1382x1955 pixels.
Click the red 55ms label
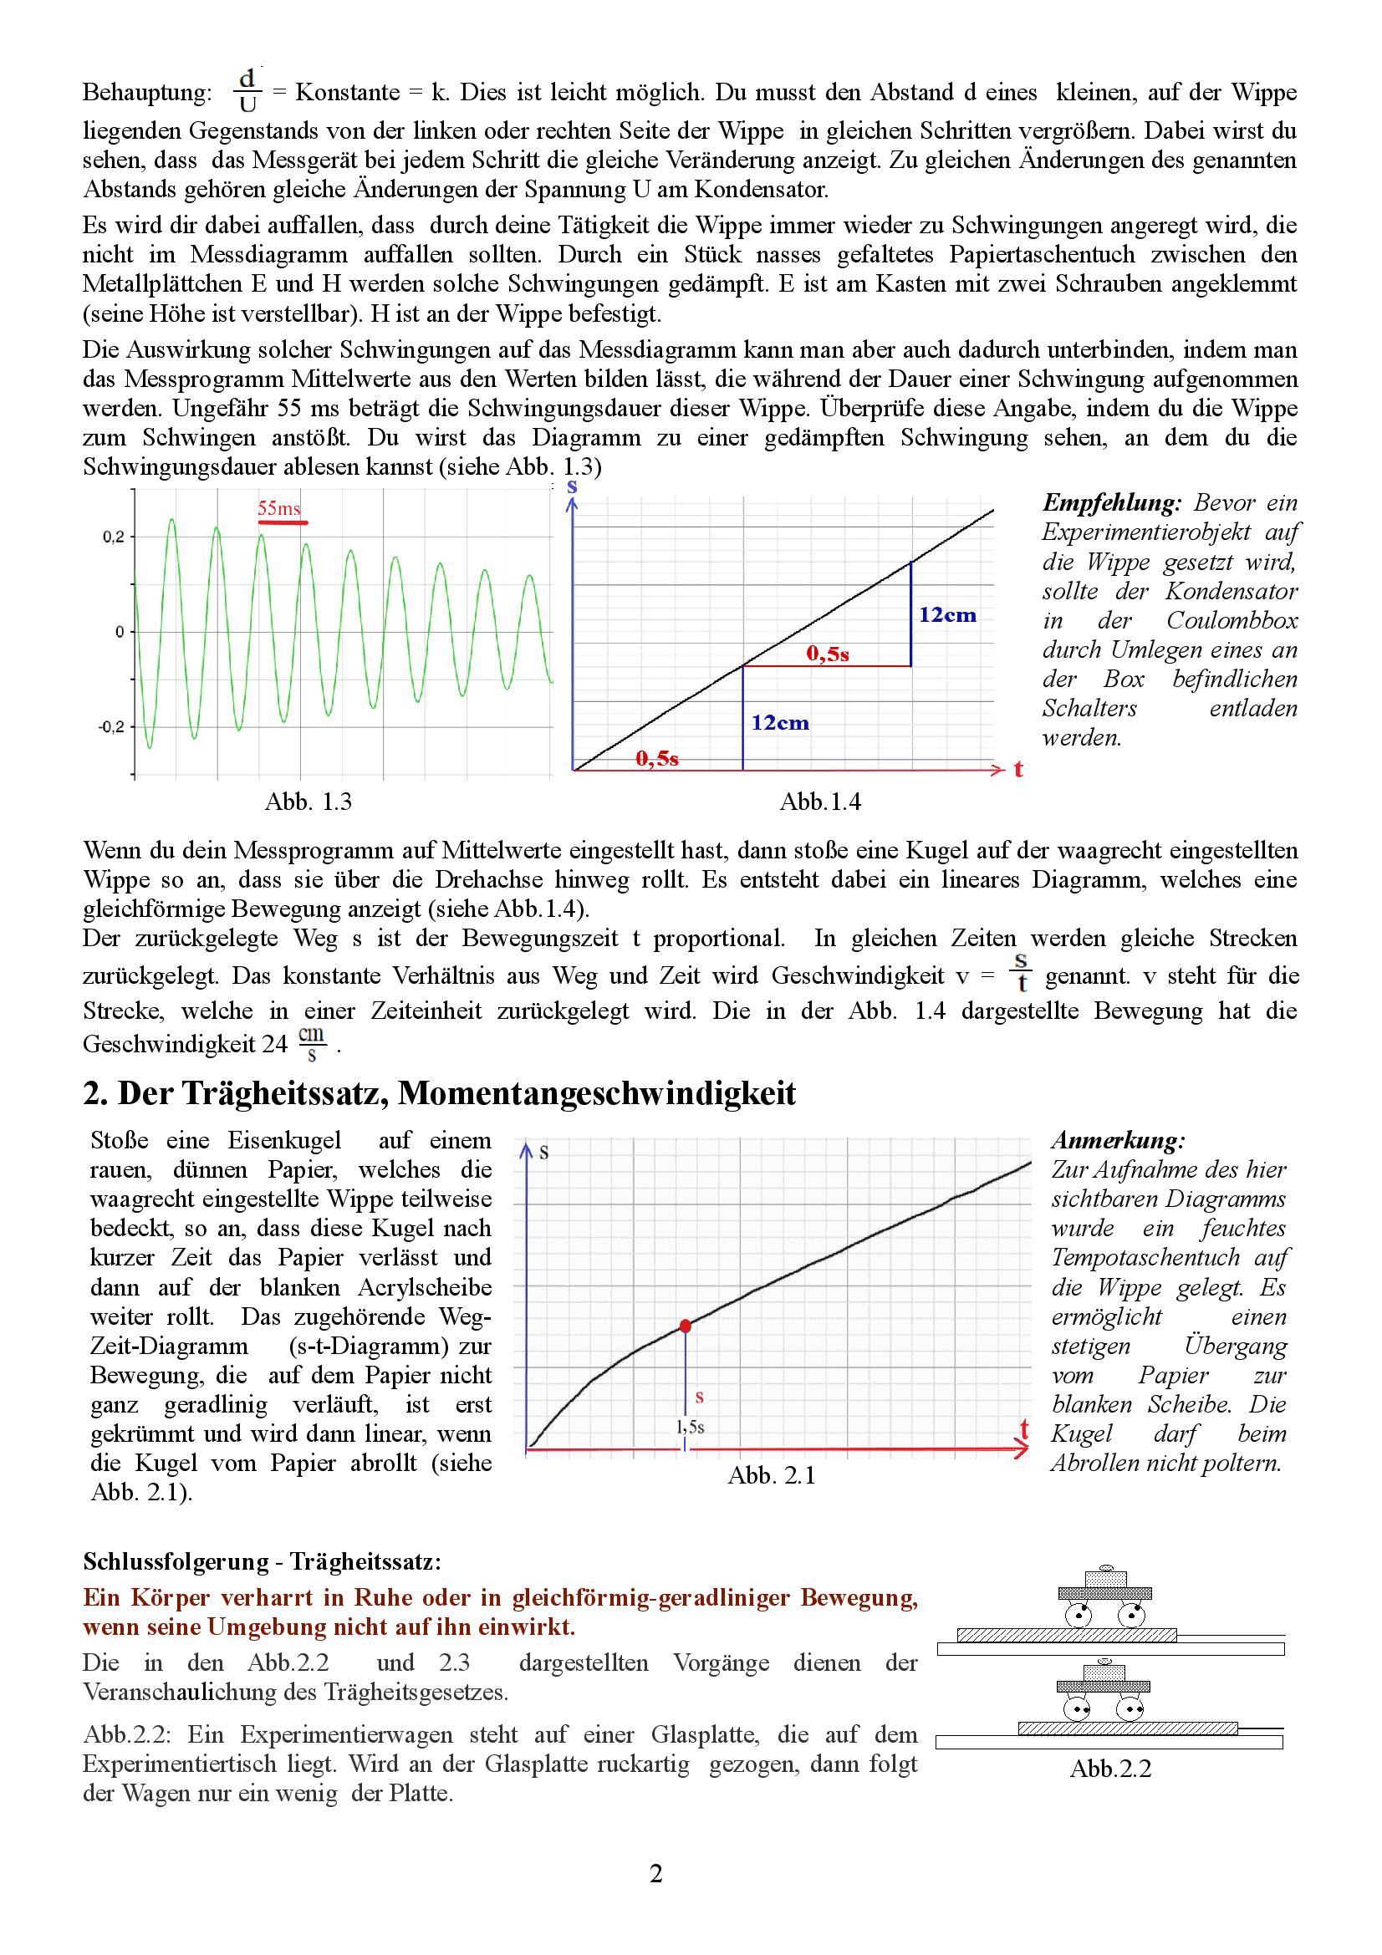coord(279,508)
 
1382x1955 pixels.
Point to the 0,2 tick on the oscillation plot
coord(114,537)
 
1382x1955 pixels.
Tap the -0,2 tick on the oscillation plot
coord(112,727)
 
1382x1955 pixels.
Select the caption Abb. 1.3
coord(308,802)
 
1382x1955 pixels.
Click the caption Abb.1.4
coord(820,802)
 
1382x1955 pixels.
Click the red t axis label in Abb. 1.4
coord(1018,770)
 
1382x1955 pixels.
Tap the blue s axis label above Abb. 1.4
coord(572,487)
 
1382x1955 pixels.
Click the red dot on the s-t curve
coord(686,1326)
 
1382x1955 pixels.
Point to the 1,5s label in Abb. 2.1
coord(691,1426)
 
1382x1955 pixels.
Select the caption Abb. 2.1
coord(772,1475)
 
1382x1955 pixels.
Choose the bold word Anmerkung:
coord(1118,1140)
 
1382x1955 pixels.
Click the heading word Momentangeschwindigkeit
coord(597,1093)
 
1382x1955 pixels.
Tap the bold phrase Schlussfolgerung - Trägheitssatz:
coord(263,1561)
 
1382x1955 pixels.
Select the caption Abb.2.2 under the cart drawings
coord(1110,1769)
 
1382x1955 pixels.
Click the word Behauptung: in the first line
coord(146,93)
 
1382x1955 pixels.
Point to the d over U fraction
coord(247,91)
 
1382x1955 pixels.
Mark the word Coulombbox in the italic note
coord(1232,620)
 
